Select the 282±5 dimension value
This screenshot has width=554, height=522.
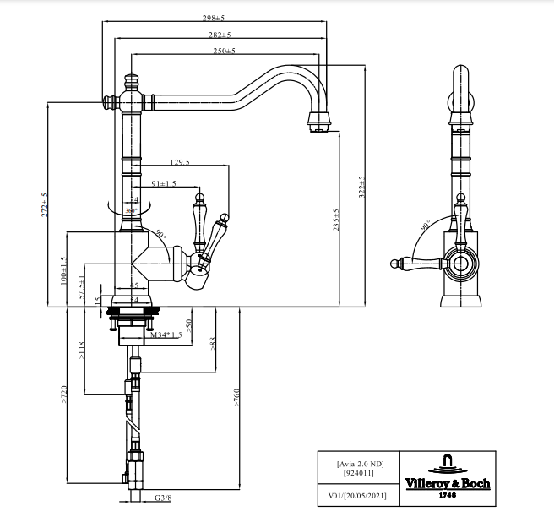pos(220,35)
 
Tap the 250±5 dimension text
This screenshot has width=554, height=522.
pos(224,51)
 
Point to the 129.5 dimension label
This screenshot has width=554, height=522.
pos(180,162)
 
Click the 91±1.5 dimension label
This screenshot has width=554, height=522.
pos(164,183)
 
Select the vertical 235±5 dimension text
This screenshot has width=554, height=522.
pos(336,220)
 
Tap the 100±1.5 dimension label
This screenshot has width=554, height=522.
pos(64,270)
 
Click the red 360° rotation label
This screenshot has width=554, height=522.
pos(131,210)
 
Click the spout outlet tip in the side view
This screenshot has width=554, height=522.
pos(318,127)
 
